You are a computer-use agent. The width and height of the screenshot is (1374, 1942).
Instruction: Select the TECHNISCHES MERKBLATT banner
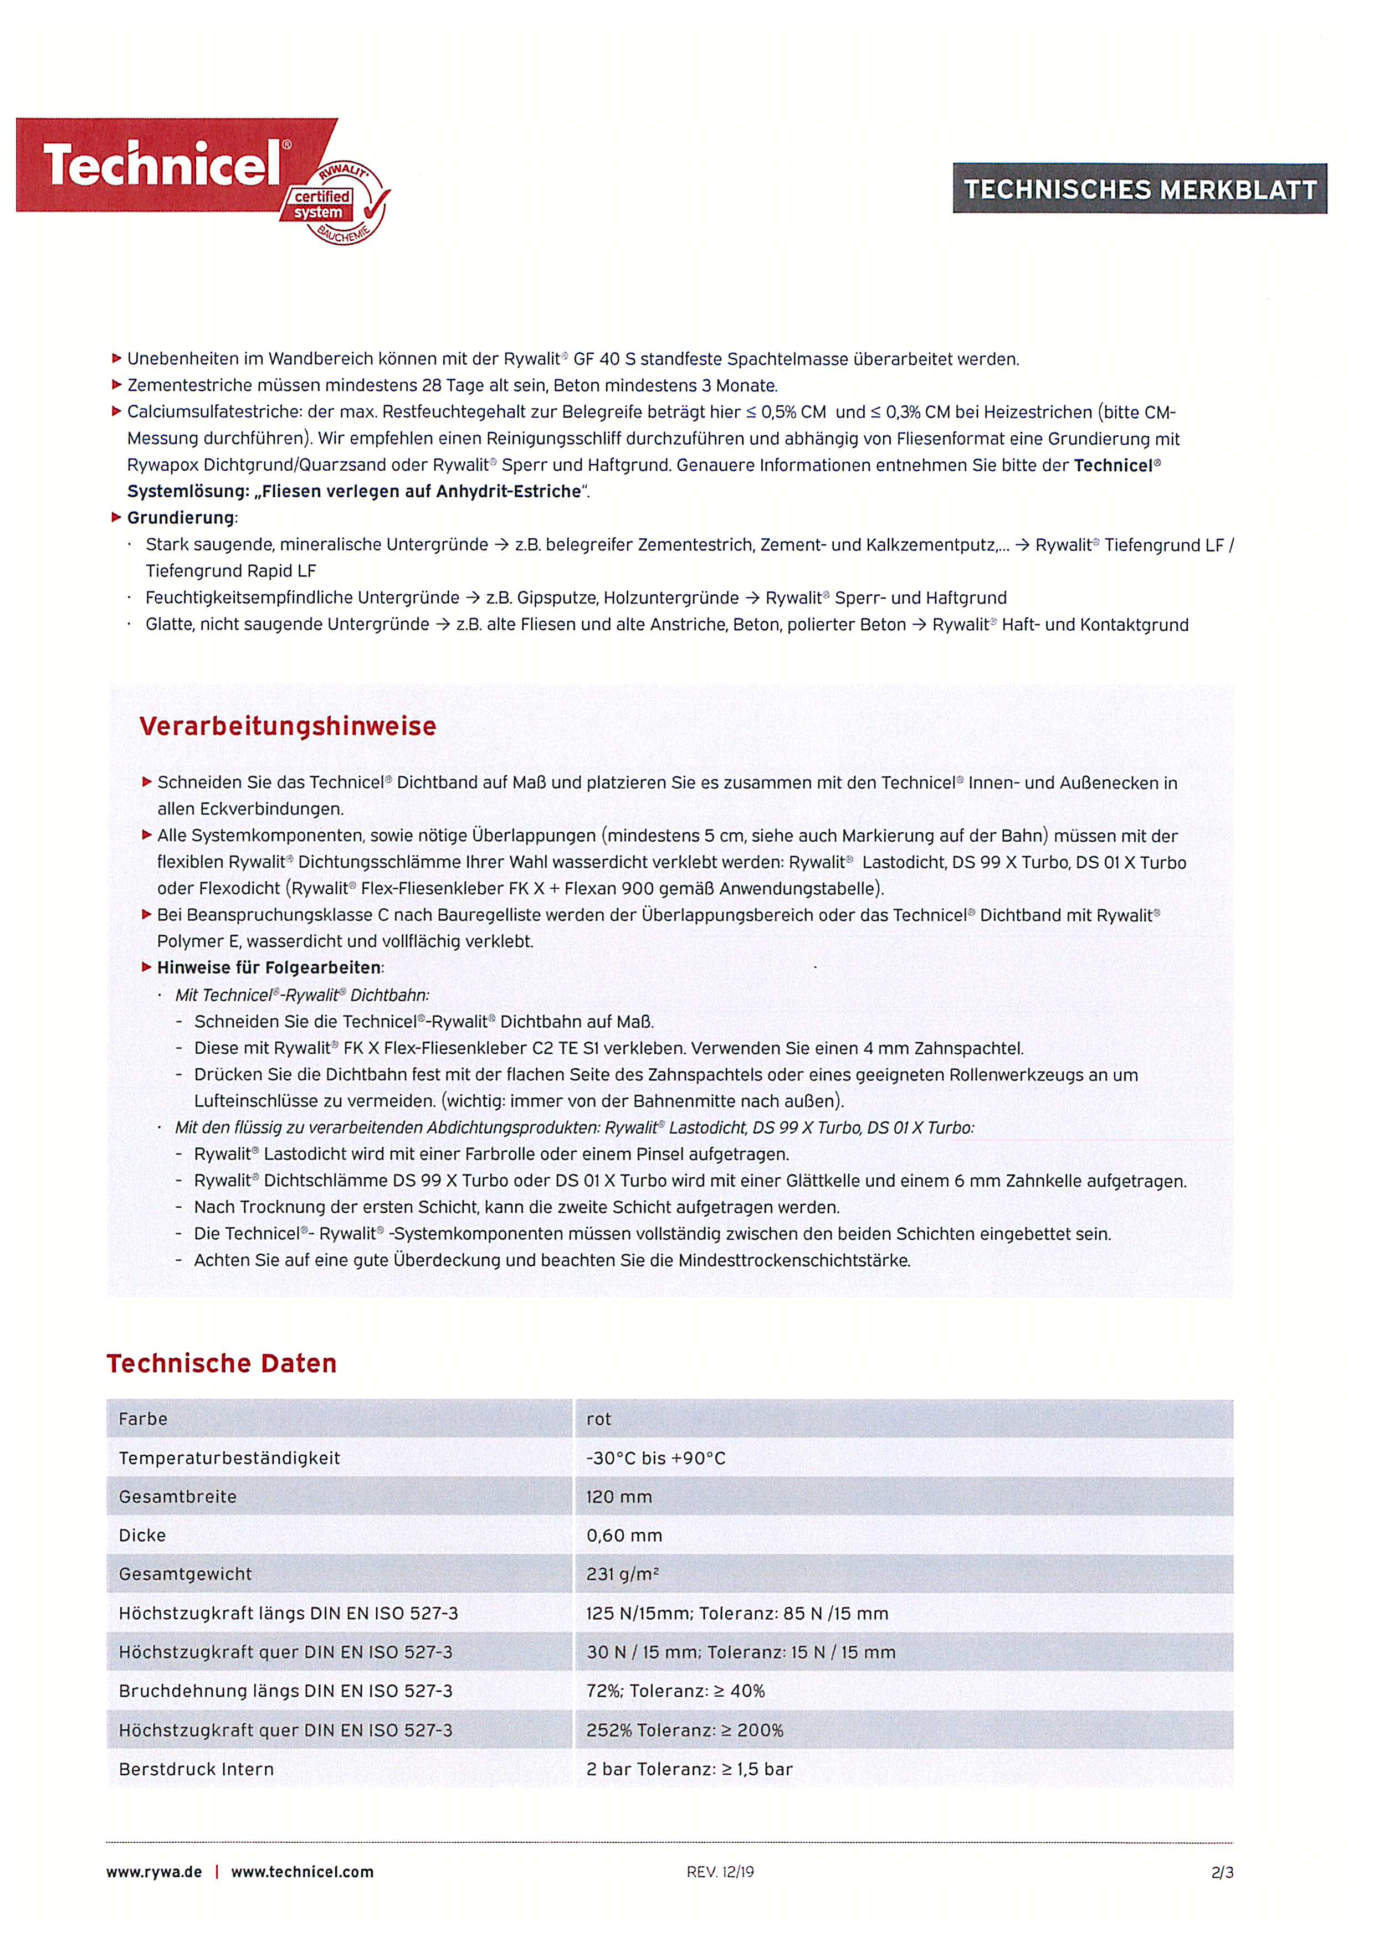tap(1140, 189)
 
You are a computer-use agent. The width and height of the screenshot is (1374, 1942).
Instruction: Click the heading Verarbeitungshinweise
tap(288, 727)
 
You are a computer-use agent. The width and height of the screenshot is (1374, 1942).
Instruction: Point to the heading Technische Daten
tap(222, 1363)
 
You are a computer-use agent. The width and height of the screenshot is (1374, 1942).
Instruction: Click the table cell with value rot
tap(598, 1419)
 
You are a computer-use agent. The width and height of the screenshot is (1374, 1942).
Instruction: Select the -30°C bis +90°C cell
tap(655, 1458)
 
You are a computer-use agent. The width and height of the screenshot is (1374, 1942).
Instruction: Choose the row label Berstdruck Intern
tap(196, 1769)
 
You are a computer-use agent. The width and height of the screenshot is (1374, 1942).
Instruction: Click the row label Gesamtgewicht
tap(185, 1574)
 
